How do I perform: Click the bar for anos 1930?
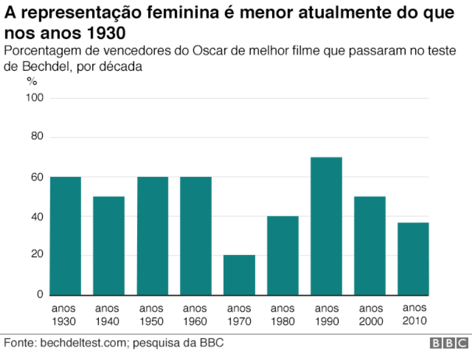65,236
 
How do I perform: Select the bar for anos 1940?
109,246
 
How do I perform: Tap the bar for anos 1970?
239,275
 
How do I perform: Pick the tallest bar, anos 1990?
326,226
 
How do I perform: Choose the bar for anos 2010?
413,259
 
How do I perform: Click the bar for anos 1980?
283,255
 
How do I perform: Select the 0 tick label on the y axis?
40,294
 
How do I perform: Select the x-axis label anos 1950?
151,315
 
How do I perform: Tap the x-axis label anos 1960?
195,315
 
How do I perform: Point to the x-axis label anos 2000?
370,315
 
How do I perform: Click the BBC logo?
450,344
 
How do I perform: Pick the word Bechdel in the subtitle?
43,67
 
